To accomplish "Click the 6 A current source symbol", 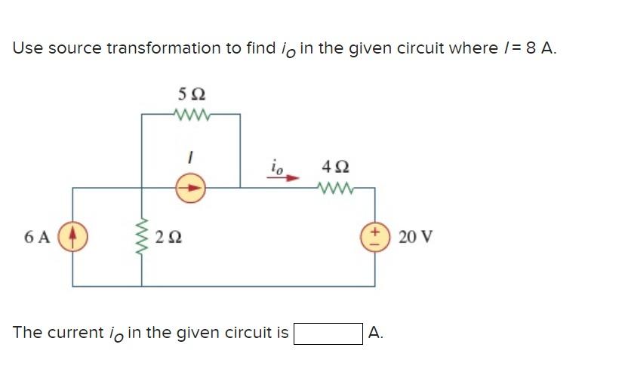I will [x=73, y=236].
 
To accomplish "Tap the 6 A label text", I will [x=37, y=237].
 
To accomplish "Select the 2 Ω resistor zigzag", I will [x=142, y=236].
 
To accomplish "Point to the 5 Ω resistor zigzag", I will [x=191, y=115].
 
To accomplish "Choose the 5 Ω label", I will [x=191, y=95].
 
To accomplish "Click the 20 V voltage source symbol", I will [x=374, y=236].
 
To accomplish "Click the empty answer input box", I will [x=328, y=333].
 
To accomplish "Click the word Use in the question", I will [x=27, y=48].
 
